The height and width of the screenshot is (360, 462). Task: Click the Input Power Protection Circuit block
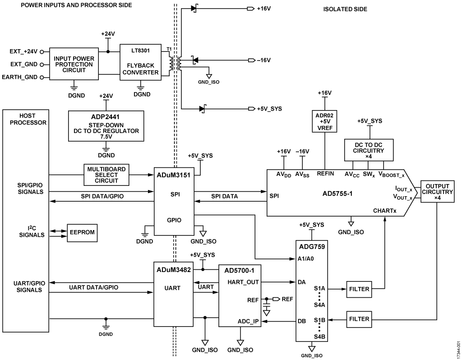[74, 65]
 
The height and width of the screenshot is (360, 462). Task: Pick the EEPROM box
[82, 233]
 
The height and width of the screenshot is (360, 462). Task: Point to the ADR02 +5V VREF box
[325, 121]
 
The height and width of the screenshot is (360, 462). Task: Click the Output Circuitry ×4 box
[437, 192]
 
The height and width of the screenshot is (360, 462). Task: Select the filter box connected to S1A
[359, 289]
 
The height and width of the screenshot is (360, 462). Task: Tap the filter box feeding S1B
[359, 319]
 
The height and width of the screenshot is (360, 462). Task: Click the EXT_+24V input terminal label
[23, 51]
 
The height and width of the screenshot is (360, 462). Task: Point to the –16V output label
[265, 60]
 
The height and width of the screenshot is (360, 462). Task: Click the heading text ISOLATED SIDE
[345, 9]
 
